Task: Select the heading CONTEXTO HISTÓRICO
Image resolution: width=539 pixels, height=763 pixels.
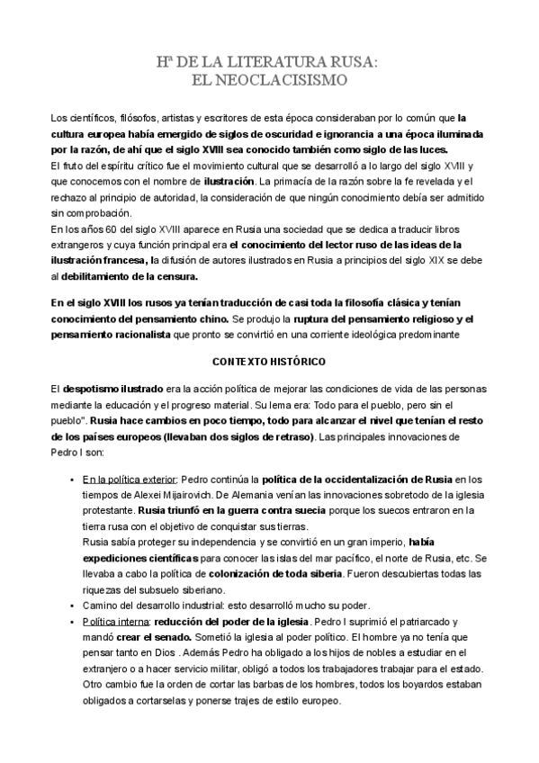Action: click(x=268, y=361)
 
